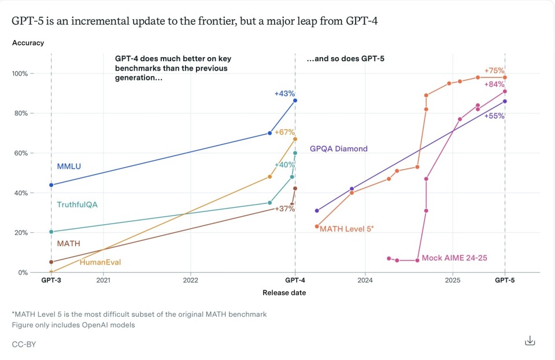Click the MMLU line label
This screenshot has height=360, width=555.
tap(69, 167)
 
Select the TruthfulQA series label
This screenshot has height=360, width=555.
tap(76, 205)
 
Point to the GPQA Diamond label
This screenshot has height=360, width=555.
tap(338, 149)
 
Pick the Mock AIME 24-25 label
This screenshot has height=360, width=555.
tap(454, 258)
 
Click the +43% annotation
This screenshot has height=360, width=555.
tap(285, 94)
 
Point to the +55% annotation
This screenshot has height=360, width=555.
tap(495, 116)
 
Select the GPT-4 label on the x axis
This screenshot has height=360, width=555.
tap(295, 281)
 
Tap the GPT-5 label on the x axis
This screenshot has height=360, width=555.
tap(505, 281)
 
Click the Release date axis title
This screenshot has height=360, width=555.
tap(284, 293)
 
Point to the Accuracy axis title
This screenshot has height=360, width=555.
tap(28, 43)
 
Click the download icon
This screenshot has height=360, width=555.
tap(530, 341)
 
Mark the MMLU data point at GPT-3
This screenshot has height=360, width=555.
tap(51, 185)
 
